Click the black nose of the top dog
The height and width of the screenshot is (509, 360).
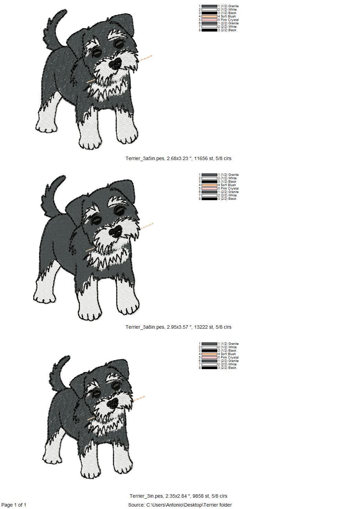click(116, 63)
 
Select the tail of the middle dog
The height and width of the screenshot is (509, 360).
click(52, 195)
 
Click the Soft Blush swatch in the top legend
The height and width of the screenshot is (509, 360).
click(209, 16)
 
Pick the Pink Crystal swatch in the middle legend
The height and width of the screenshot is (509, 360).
click(209, 189)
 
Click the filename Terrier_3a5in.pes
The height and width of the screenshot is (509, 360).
click(145, 159)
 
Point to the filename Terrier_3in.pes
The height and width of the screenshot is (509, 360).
click(146, 496)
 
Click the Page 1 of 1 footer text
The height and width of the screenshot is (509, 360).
click(14, 505)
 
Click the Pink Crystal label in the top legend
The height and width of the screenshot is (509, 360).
click(230, 20)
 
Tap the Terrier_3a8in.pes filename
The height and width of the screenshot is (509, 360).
click(145, 327)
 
